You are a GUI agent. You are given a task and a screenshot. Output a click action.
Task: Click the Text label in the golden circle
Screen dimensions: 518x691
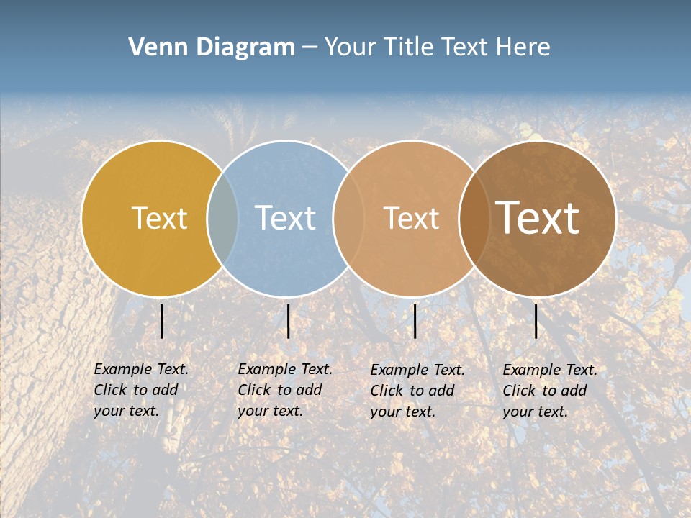tap(160, 218)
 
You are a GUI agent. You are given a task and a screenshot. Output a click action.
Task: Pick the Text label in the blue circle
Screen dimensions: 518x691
tap(286, 218)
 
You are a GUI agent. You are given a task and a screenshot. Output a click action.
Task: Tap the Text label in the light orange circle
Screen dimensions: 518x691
tap(411, 218)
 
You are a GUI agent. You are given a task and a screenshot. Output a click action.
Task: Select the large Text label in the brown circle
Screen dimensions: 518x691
tap(538, 218)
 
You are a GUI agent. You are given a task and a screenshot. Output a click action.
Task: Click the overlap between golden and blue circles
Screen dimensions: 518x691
tap(222, 218)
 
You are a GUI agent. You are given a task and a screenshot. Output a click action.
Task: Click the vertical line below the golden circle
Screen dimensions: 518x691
tap(162, 321)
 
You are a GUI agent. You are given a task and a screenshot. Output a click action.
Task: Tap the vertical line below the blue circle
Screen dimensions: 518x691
tap(288, 321)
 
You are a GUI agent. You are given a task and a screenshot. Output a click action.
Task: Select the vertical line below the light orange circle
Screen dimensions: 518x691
tap(415, 321)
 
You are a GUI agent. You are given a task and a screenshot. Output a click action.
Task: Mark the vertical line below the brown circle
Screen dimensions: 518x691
tap(536, 321)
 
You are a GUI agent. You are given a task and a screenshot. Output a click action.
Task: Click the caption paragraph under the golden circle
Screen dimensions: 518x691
tap(141, 390)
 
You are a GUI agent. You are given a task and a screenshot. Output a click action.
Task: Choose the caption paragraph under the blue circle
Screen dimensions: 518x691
tap(285, 390)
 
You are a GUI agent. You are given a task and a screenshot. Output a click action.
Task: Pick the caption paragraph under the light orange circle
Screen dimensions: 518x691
tap(417, 391)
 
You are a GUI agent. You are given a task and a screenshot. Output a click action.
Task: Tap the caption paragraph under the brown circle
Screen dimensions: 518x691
tap(550, 391)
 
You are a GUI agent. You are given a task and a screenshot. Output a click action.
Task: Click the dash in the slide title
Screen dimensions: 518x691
tap(309, 47)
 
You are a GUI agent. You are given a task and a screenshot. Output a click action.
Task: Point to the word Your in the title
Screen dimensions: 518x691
tap(350, 47)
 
